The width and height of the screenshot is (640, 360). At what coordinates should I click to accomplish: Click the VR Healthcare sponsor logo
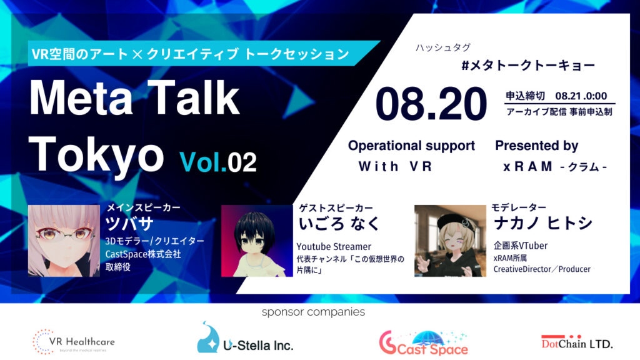[x=74, y=342]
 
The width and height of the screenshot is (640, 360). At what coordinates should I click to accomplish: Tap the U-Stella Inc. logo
[x=245, y=338]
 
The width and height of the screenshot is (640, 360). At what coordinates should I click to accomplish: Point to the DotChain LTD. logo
[x=577, y=342]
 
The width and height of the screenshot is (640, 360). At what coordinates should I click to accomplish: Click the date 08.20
[x=431, y=104]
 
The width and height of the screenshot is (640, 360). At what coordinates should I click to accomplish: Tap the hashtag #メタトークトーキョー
[x=528, y=65]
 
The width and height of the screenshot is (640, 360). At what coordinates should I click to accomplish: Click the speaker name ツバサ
[x=129, y=223]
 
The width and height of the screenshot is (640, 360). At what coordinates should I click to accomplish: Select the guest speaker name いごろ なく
[x=339, y=224]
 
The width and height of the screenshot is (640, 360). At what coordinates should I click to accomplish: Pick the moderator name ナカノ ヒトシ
[x=543, y=223]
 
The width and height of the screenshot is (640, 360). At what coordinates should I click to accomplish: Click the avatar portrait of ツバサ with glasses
[x=64, y=241]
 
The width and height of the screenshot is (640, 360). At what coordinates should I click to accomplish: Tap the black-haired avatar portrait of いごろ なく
[x=257, y=241]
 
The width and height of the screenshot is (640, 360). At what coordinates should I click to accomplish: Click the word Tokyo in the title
[x=96, y=155]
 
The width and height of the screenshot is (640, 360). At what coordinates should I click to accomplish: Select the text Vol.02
[x=218, y=162]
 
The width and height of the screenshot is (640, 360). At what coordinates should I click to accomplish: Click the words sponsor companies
[x=314, y=312]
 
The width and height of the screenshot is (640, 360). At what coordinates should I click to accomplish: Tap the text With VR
[x=395, y=166]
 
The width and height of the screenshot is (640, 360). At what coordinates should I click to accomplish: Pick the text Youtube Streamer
[x=334, y=246]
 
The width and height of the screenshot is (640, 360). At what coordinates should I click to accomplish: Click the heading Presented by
[x=537, y=146]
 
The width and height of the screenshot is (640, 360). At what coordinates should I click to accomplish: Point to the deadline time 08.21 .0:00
[x=581, y=96]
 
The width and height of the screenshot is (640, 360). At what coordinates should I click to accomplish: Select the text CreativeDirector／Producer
[x=542, y=269]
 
